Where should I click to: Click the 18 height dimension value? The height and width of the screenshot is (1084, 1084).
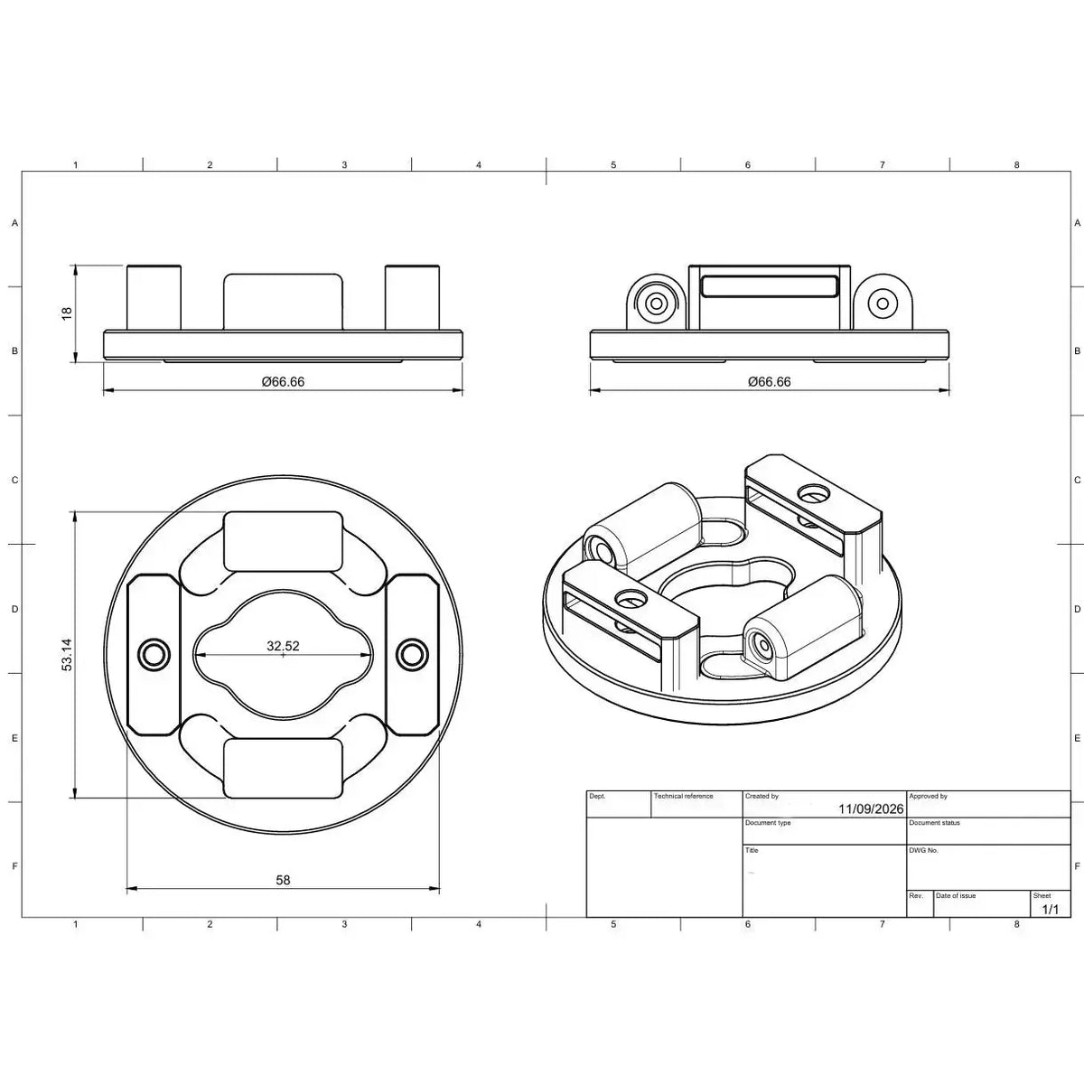click(x=67, y=313)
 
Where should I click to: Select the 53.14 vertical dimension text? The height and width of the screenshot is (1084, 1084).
click(x=67, y=655)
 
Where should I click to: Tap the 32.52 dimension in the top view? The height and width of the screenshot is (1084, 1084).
click(x=283, y=646)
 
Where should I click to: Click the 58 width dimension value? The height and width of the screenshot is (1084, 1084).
click(x=283, y=880)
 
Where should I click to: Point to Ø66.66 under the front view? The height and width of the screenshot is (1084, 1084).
click(x=283, y=382)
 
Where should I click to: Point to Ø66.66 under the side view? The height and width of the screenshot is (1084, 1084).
click(x=770, y=382)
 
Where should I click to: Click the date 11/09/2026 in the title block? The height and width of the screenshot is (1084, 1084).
click(x=871, y=808)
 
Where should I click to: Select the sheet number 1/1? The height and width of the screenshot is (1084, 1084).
click(x=1051, y=910)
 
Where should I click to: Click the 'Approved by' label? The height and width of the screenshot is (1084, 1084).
click(x=929, y=796)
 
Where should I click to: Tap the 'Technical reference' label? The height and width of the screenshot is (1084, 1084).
click(x=683, y=796)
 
